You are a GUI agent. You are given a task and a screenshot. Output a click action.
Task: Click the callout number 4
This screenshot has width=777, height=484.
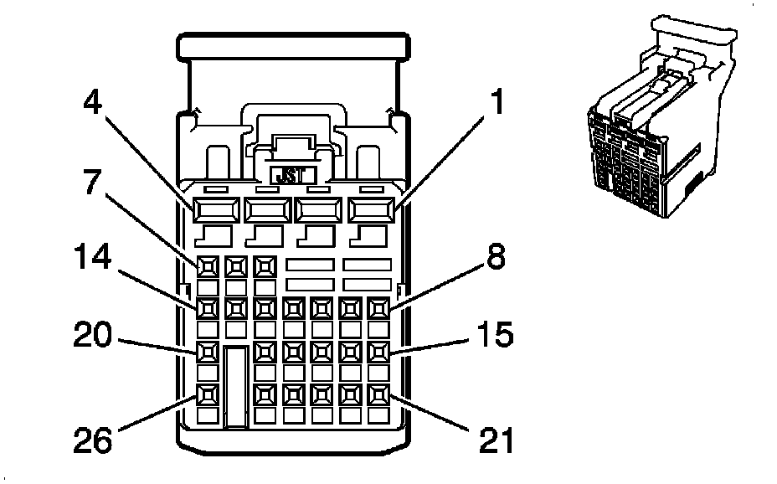point(92,101)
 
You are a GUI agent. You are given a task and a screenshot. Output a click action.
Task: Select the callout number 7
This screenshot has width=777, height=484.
point(91,182)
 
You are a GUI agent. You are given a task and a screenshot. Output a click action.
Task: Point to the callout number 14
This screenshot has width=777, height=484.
point(93,257)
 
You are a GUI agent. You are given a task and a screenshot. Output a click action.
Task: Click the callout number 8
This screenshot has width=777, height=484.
point(496,257)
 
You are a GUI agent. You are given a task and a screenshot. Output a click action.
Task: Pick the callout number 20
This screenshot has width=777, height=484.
point(93,335)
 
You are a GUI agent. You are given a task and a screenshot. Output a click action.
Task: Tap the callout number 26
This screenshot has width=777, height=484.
point(93,440)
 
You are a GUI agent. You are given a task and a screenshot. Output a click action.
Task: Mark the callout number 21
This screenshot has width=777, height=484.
point(497,440)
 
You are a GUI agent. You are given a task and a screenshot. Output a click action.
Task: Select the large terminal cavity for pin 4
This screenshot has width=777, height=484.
point(216,210)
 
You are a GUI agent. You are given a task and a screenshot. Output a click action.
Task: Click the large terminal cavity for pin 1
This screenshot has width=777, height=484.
point(372,210)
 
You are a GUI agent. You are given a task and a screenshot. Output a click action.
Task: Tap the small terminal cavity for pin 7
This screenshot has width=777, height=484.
point(208,267)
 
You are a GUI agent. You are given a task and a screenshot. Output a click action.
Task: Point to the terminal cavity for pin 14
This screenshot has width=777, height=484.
point(208,309)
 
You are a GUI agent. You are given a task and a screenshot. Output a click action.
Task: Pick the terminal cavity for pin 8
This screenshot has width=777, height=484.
point(379,309)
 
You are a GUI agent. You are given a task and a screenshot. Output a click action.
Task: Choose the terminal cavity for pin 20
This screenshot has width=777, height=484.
point(208,353)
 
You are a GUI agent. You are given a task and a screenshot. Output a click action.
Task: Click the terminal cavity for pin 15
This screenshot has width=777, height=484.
point(379,353)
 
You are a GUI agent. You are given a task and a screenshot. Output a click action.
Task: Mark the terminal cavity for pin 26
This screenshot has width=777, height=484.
point(208,395)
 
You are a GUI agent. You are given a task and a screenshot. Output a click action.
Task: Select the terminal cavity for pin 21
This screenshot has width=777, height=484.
point(379,395)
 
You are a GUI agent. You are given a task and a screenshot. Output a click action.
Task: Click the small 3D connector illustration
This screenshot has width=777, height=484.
point(662,117)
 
